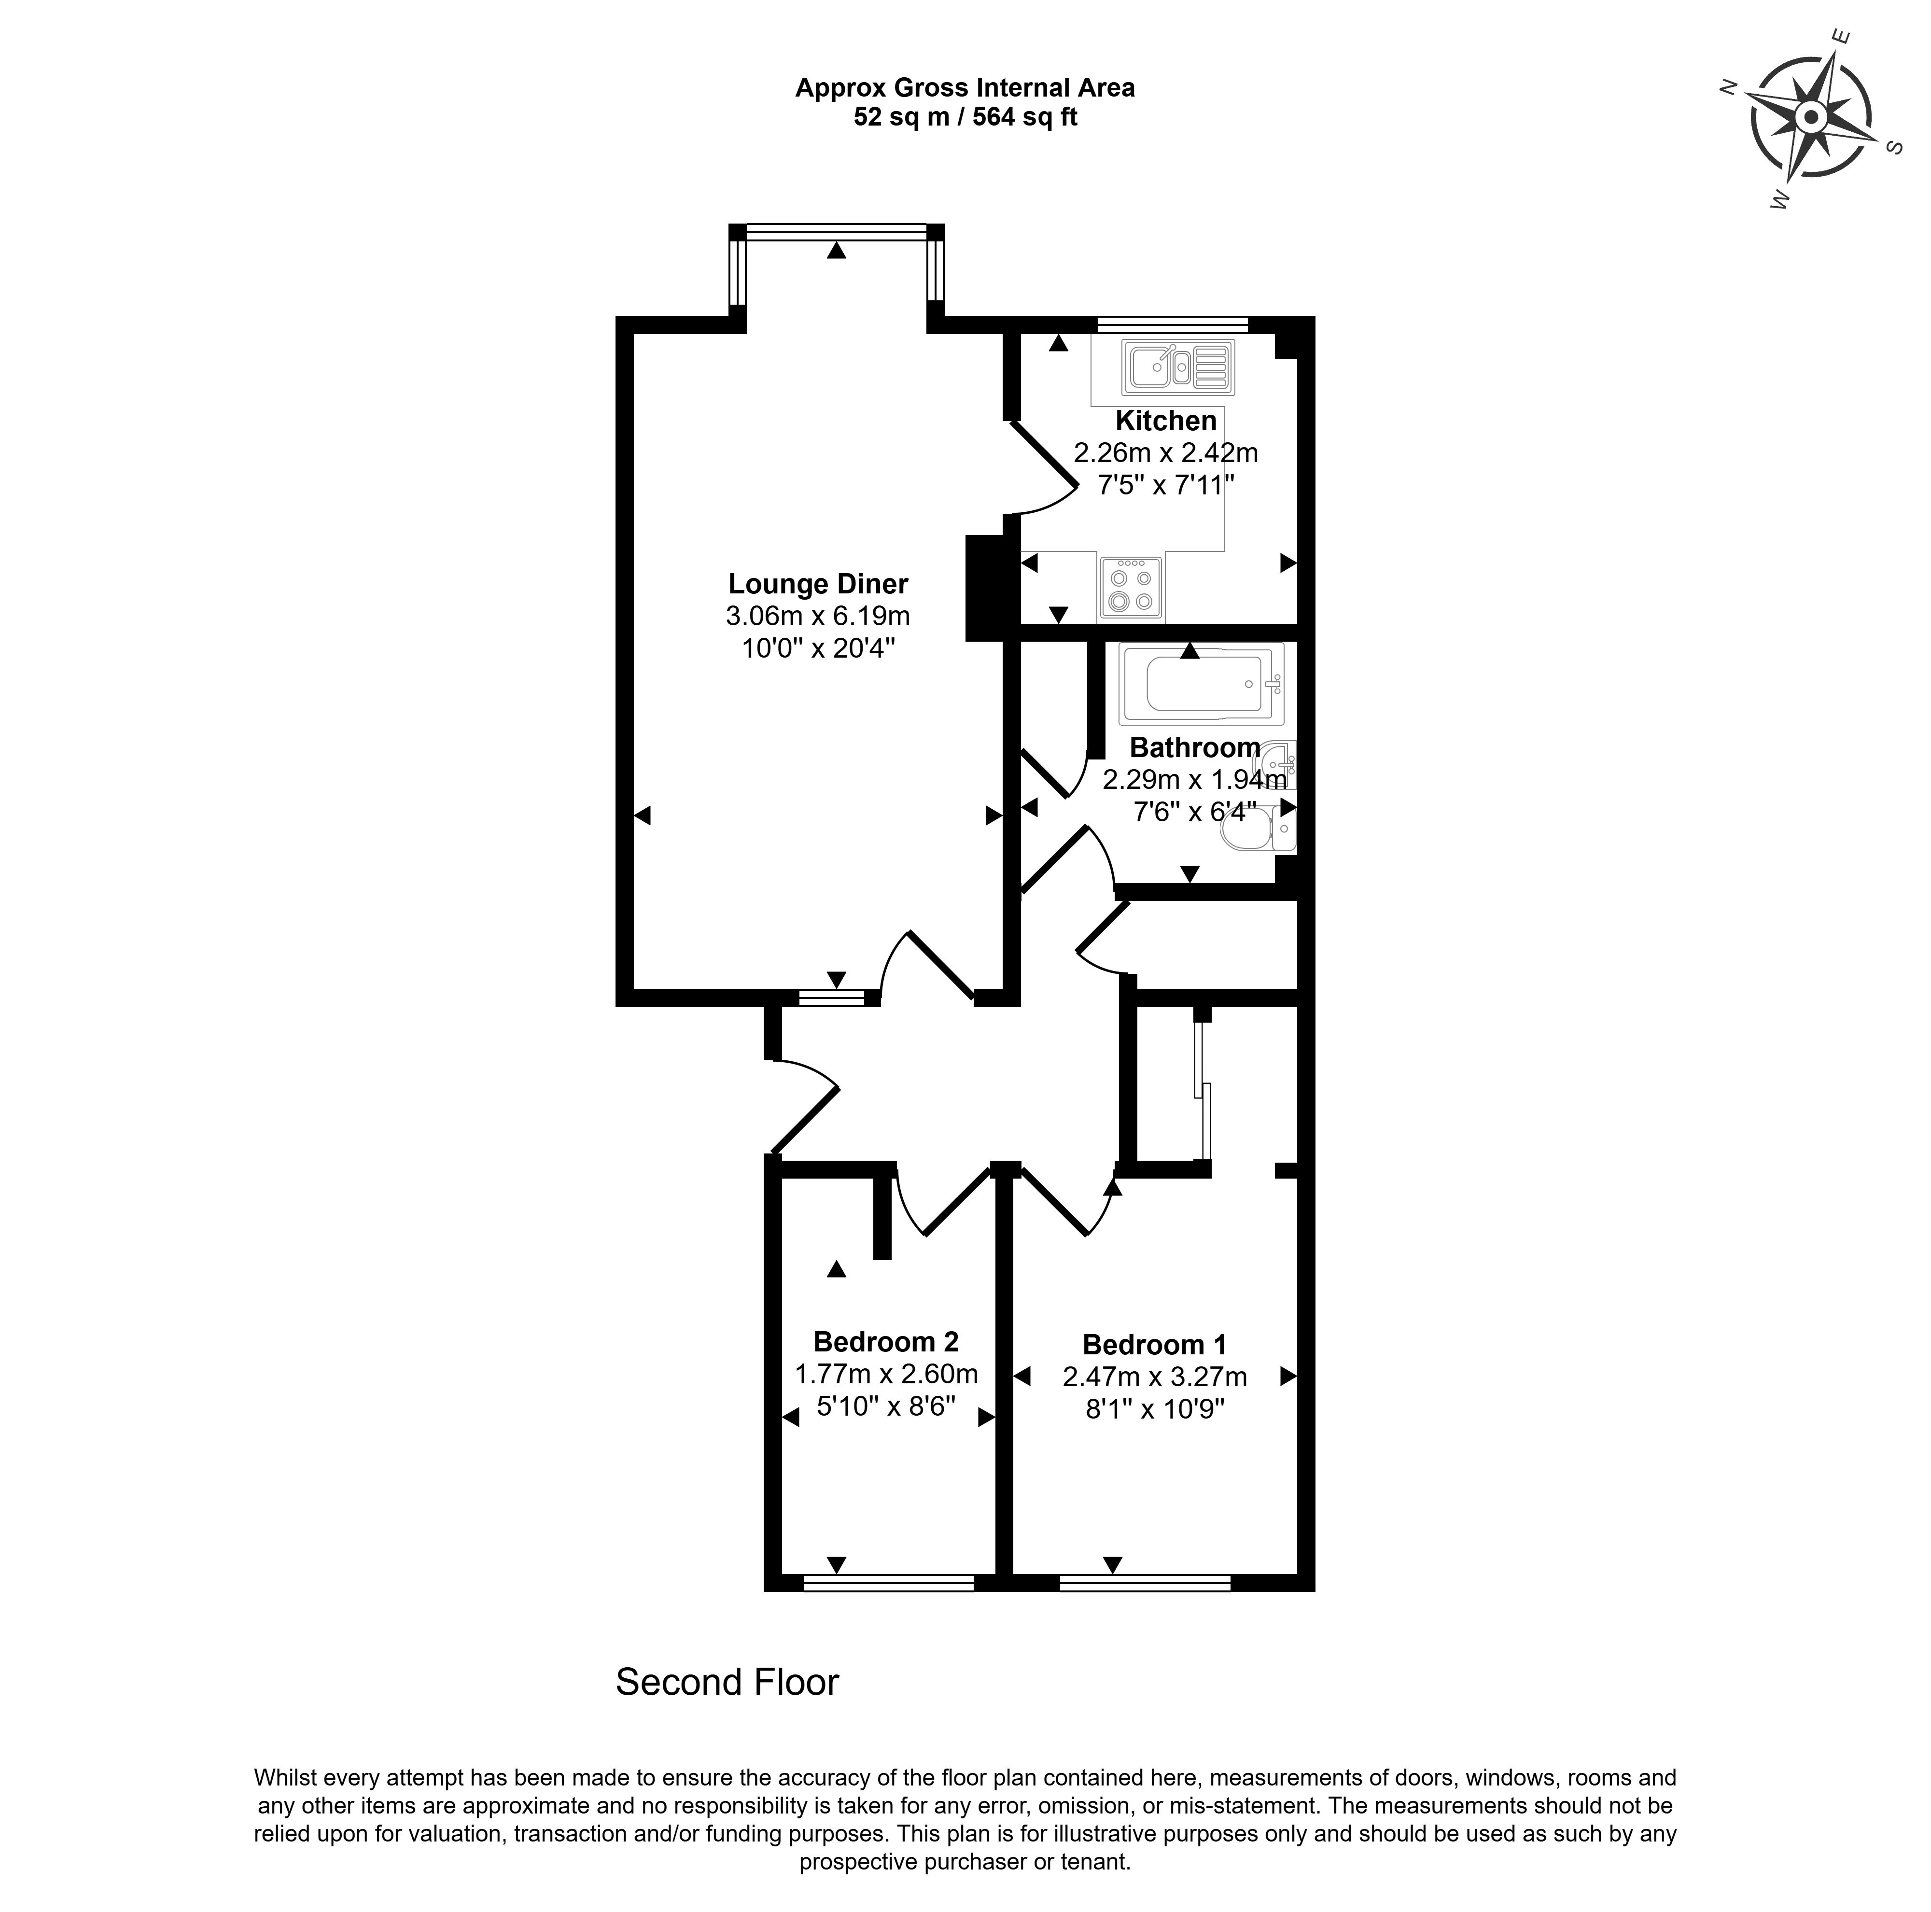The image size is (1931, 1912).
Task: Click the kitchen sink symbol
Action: [x=1177, y=366]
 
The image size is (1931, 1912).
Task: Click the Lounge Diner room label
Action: [x=819, y=584]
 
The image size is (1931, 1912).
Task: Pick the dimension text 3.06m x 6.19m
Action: [x=819, y=616]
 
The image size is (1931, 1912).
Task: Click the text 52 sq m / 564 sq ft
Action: [x=965, y=117]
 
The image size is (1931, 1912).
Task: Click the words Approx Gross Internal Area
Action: [x=965, y=88]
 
